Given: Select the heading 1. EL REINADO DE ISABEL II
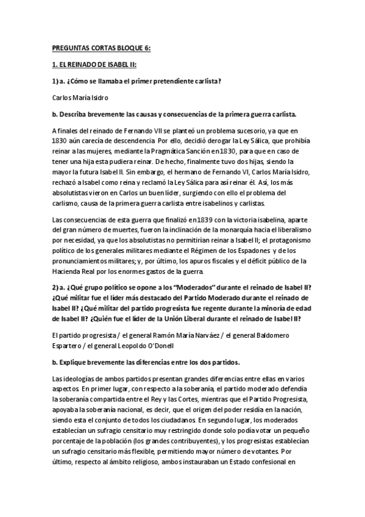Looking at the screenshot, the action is click(94, 64).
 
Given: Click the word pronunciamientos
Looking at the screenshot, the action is click(85, 261).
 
